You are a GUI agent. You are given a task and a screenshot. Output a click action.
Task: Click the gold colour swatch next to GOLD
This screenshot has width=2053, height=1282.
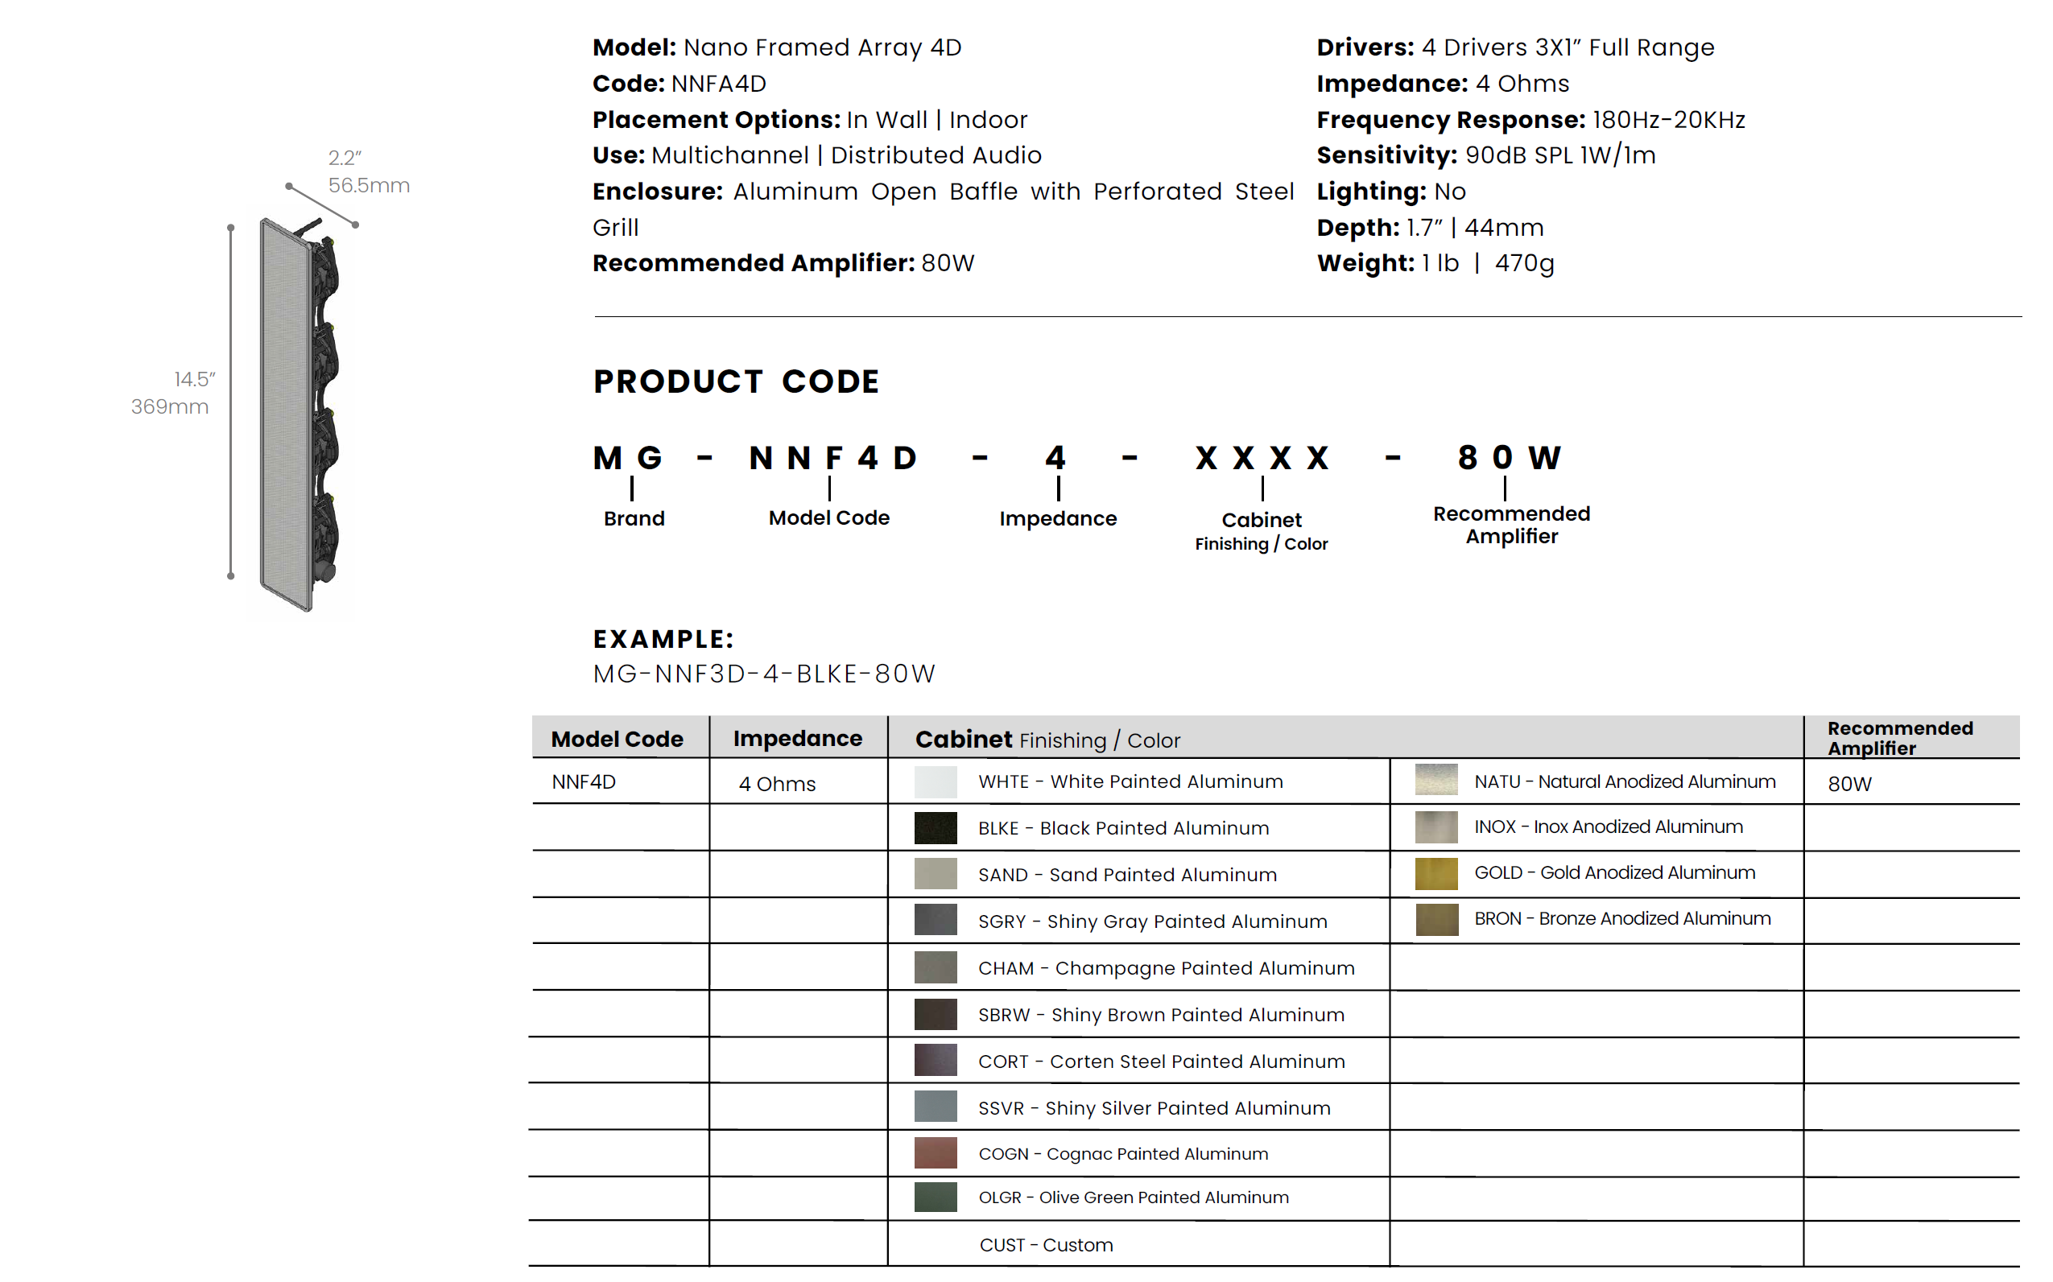(1435, 873)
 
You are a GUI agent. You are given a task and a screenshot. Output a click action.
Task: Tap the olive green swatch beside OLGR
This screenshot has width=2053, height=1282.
(935, 1197)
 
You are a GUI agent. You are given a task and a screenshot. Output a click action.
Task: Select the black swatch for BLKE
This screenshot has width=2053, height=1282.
(935, 827)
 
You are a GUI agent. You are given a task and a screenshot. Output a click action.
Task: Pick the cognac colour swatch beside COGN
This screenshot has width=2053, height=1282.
(935, 1153)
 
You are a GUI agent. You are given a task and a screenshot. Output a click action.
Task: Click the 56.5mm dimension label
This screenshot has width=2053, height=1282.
(369, 186)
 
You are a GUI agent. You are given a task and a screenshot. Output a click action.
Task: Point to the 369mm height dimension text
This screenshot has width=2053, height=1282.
(170, 407)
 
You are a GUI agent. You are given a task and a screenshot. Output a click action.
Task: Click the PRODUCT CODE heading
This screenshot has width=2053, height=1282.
(736, 381)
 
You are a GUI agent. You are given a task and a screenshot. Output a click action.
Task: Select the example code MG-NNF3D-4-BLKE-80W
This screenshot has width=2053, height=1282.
(763, 674)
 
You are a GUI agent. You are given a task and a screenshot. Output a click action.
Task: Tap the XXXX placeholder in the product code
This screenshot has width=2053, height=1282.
(1262, 459)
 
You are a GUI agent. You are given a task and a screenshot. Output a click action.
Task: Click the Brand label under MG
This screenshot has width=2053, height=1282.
(634, 518)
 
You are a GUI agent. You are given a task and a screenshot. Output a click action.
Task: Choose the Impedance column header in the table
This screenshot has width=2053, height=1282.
(797, 739)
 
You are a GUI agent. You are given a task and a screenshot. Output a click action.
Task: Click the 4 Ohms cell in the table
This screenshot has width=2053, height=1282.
(777, 785)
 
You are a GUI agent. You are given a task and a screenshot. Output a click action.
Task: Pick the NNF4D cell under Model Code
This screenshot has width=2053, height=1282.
(584, 781)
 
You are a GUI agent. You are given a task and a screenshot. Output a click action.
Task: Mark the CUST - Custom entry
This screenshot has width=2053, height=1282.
(1046, 1245)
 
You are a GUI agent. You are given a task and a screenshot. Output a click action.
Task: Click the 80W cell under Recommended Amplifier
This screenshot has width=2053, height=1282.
(1849, 785)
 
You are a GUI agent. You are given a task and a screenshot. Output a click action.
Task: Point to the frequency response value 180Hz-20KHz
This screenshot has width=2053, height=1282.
(1668, 121)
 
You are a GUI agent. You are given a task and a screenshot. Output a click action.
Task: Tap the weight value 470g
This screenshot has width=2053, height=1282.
(1524, 264)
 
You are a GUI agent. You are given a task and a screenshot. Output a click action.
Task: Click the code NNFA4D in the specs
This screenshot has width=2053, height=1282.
(718, 84)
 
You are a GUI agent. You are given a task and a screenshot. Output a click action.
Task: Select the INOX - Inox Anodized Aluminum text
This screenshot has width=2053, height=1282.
(1608, 826)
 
